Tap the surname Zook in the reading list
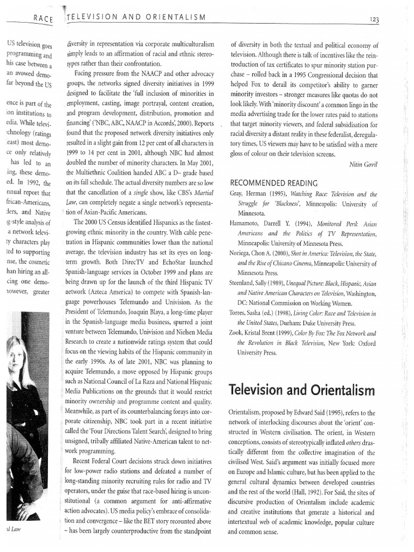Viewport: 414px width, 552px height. pyautogui.click(x=238, y=334)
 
